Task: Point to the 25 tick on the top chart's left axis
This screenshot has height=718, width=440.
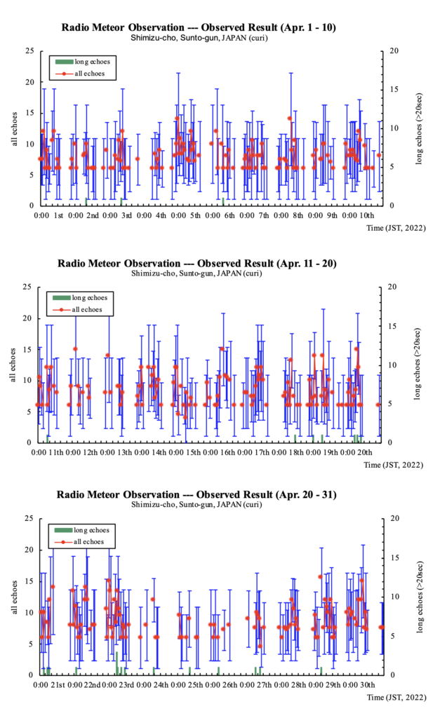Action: click(29, 50)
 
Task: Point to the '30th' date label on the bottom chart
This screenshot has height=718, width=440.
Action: click(366, 684)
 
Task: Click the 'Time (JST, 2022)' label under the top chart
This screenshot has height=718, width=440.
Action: click(396, 227)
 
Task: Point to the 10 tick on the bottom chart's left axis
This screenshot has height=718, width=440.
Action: click(29, 612)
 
